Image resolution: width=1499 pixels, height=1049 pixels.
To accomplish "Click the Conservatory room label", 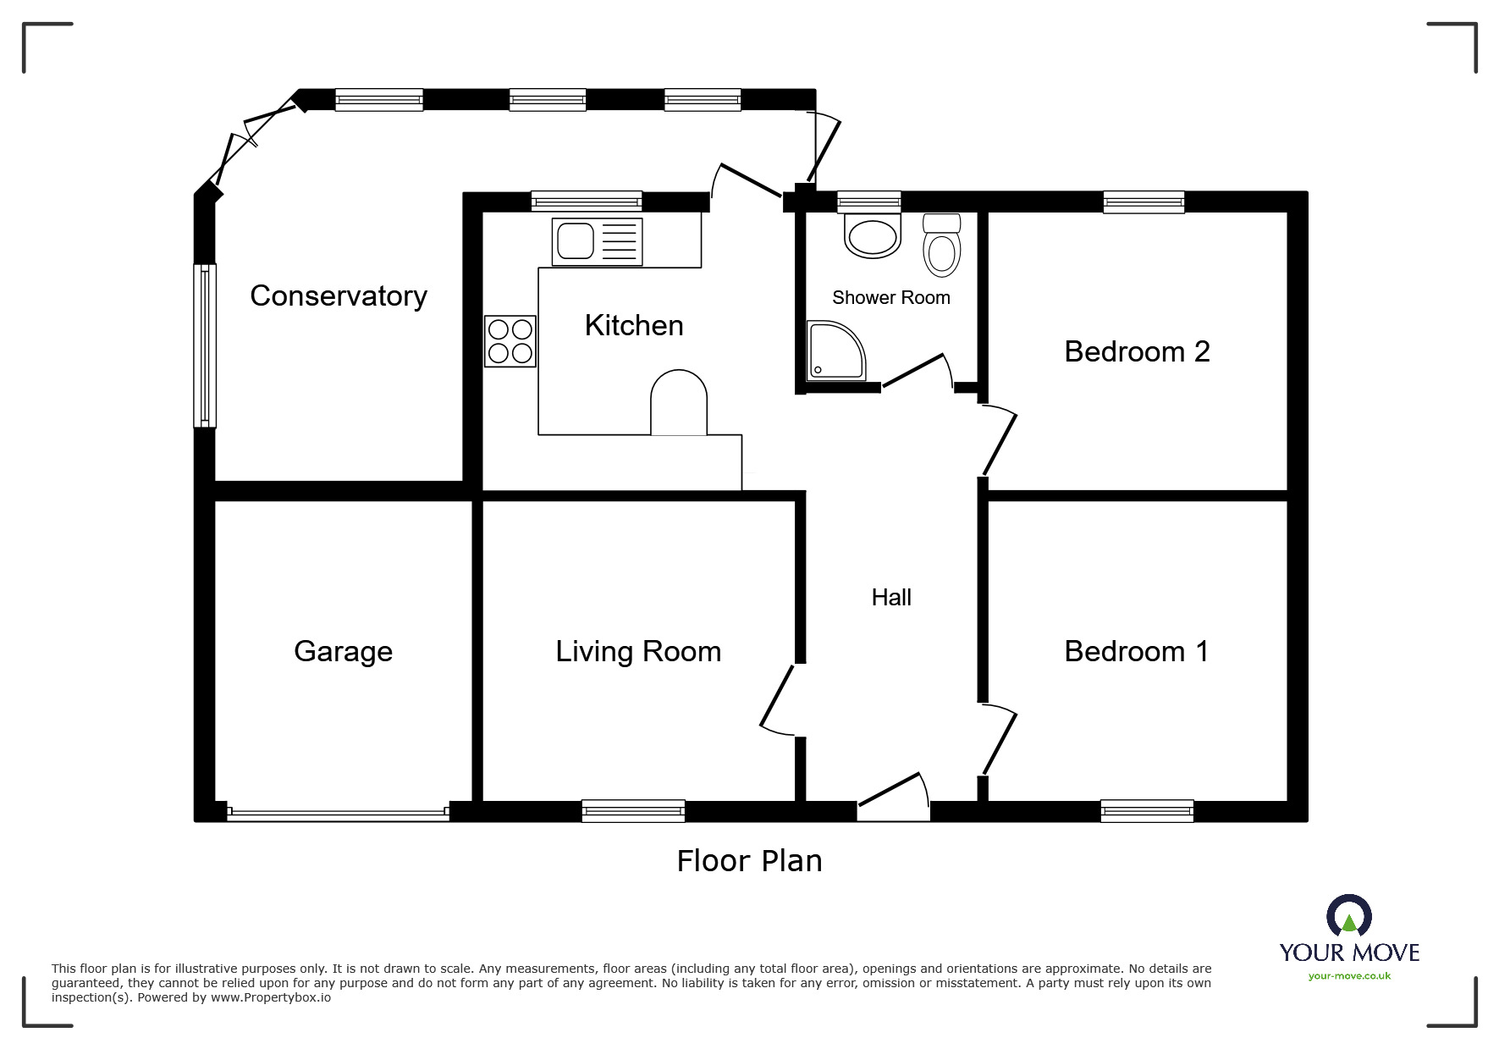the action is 339,296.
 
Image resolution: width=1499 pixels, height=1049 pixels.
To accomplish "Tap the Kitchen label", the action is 634,325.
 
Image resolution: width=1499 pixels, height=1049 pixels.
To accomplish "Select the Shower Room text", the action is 890,297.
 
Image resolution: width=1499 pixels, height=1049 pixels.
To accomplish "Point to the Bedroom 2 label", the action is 1137,351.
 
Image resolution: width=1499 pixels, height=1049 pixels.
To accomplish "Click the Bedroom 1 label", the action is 1136,651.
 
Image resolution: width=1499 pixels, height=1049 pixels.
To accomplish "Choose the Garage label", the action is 343,652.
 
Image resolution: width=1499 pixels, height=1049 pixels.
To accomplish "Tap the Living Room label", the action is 638,651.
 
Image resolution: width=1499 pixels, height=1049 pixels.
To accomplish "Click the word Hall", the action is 891,598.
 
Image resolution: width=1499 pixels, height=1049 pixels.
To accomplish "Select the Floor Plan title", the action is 749,861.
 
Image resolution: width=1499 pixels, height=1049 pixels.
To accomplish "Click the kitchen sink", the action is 597,241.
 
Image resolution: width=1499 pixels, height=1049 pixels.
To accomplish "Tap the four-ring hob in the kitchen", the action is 510,341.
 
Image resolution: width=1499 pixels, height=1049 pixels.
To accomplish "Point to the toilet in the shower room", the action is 942,246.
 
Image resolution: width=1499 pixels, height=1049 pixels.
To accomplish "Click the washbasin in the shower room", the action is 872,236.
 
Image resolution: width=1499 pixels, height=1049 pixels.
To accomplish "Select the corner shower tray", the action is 835,351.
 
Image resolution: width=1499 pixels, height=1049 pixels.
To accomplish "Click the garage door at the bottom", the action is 338,814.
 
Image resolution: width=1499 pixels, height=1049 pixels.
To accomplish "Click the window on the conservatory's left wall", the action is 205,345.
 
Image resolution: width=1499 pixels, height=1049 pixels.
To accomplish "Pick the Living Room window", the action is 633,811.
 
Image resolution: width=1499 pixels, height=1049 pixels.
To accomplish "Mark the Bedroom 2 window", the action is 1144,202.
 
